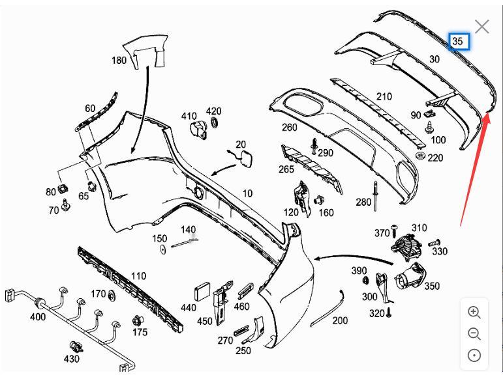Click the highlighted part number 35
457,41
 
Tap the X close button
482,27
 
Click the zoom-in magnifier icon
474,312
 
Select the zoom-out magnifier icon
474,334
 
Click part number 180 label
119,61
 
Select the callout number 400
38,317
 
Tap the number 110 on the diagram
138,276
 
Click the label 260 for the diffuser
289,127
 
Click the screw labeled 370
393,232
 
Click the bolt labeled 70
66,207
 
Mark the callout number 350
431,286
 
